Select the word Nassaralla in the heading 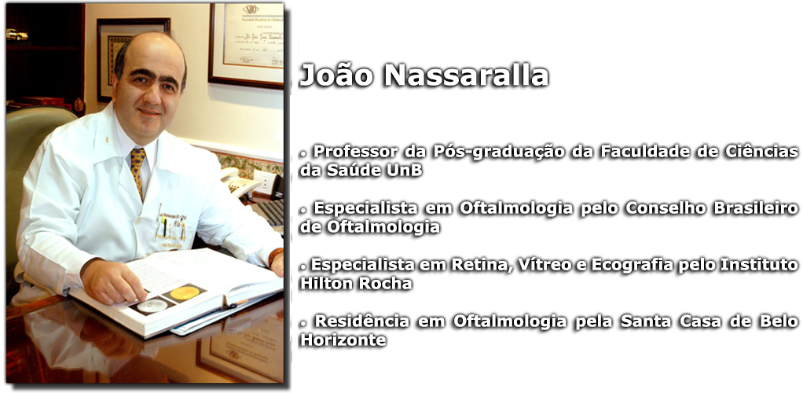coord(467,75)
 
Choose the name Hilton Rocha coord(356,283)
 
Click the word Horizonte coord(343,340)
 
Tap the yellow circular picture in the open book coord(185,293)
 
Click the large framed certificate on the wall coord(247,45)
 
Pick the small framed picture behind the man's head coord(131,57)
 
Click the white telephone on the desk coord(239,181)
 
